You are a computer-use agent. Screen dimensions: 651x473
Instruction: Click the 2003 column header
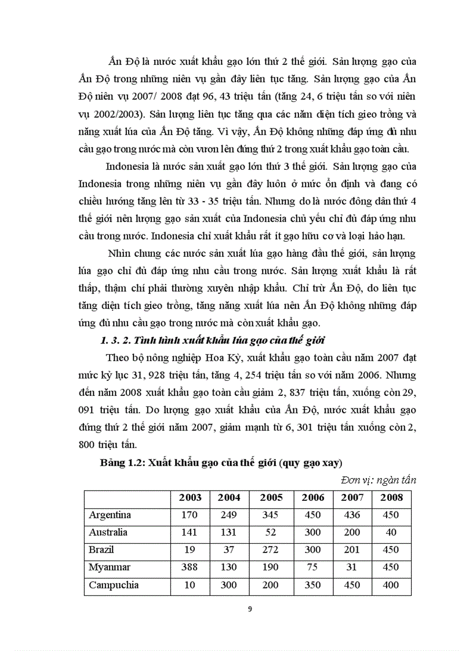pyautogui.click(x=190, y=497)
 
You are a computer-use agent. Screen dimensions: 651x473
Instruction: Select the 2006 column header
pyautogui.click(x=313, y=497)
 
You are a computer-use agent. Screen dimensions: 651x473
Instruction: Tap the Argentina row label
pyautogui.click(x=110, y=515)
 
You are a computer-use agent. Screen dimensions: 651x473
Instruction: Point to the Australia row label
pyautogui.click(x=108, y=532)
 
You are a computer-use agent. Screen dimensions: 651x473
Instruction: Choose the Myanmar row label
pyautogui.click(x=110, y=567)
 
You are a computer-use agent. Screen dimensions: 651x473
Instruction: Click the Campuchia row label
pyautogui.click(x=114, y=584)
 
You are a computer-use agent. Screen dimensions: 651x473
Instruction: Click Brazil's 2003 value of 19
pyautogui.click(x=190, y=550)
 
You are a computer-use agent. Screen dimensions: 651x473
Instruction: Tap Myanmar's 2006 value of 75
pyautogui.click(x=313, y=567)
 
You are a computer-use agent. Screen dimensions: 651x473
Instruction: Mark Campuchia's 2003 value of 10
pyautogui.click(x=190, y=584)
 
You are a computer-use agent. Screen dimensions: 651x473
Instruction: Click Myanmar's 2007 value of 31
pyautogui.click(x=352, y=567)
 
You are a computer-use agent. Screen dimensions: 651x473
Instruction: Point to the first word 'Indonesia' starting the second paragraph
pyautogui.click(x=130, y=167)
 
